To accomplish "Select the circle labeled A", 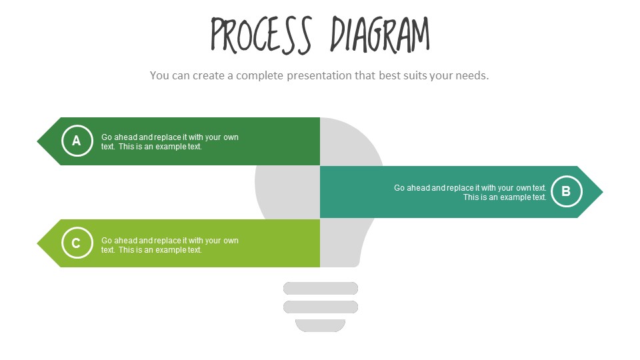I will point(77,141).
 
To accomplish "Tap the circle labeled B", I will point(566,192).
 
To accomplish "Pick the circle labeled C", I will point(77,243).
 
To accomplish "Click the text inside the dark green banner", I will point(169,142).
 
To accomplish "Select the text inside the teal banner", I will point(470,193).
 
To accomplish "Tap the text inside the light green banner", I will point(169,245).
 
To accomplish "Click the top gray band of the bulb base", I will point(321,288).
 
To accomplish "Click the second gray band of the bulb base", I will point(321,307).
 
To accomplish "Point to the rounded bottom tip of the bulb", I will point(321,326).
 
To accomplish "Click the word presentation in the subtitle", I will point(319,75).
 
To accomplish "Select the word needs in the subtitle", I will point(471,75).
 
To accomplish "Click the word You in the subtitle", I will point(160,75).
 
